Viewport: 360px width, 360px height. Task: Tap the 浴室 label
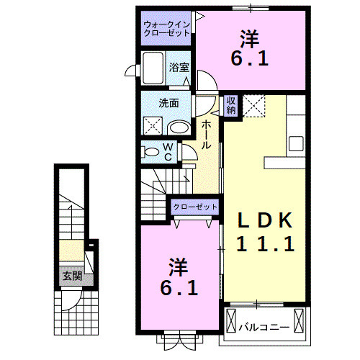179,67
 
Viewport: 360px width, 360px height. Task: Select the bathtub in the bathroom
153,71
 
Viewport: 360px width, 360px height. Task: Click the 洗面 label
169,102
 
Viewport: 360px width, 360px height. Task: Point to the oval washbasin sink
179,128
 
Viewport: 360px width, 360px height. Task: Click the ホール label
206,135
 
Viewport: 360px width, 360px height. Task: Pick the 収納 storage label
231,105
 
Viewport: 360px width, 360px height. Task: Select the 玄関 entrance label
71,275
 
